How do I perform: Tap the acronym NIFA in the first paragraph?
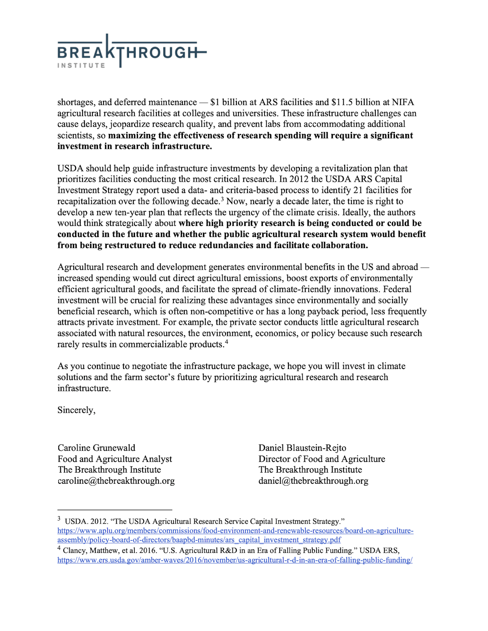403,102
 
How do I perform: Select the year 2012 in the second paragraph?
299,179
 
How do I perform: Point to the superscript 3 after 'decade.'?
223,199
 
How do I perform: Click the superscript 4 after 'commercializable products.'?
227,342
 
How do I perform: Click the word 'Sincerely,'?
76,410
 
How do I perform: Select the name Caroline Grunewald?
96,448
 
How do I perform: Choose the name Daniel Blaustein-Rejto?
302,448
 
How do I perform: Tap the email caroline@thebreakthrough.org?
116,481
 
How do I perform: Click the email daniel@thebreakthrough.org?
313,481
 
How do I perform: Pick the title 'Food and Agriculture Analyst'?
115,459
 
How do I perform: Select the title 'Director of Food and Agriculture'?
322,459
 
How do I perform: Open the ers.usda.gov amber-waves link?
235,560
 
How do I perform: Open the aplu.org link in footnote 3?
235,531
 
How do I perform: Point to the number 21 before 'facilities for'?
358,190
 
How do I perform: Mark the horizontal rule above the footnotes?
115,510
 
